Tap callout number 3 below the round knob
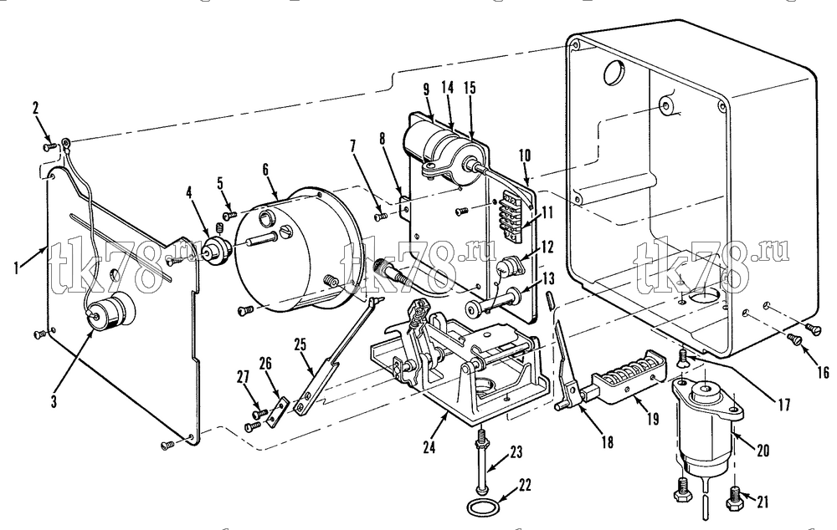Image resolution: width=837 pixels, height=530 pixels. pyautogui.click(x=54, y=401)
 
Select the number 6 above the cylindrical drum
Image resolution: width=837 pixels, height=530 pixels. pyautogui.click(x=265, y=170)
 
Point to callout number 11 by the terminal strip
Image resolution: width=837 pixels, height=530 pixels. pyautogui.click(x=547, y=214)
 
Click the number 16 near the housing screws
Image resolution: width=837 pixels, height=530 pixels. pyautogui.click(x=823, y=372)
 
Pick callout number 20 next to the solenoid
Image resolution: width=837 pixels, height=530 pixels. pyautogui.click(x=763, y=451)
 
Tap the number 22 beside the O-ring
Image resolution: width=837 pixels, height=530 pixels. pyautogui.click(x=526, y=486)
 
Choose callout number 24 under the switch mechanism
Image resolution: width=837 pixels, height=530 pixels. pyautogui.click(x=429, y=446)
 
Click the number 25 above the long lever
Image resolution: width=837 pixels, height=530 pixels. pyautogui.click(x=300, y=344)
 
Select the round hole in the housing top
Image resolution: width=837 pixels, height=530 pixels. pyautogui.click(x=613, y=71)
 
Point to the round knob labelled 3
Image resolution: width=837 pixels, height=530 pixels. pyautogui.click(x=110, y=311)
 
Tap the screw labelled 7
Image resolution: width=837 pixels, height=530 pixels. pyautogui.click(x=381, y=217)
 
